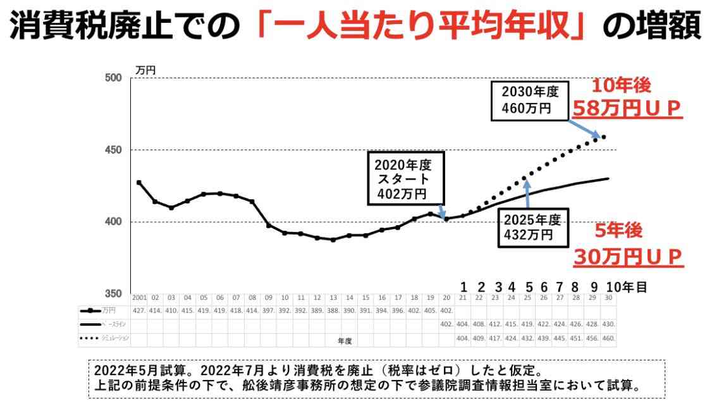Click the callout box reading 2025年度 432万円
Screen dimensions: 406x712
[532, 228]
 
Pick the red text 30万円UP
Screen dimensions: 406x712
[628, 256]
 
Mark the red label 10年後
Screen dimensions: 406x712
[620, 86]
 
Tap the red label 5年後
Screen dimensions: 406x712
[619, 231]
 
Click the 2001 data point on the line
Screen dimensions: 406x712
[138, 183]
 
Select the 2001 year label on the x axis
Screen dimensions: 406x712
[139, 298]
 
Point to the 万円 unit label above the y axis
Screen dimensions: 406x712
[145, 70]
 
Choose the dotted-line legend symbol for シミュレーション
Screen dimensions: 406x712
[89, 338]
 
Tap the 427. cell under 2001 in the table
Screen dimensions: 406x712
[139, 311]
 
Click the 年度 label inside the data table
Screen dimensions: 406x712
[345, 340]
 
